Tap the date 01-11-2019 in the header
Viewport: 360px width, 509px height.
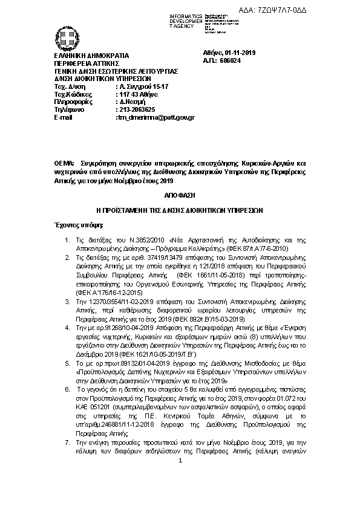coord(241,53)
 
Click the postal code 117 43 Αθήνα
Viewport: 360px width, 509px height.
coord(137,94)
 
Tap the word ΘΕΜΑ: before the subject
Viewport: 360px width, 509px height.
coord(65,164)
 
